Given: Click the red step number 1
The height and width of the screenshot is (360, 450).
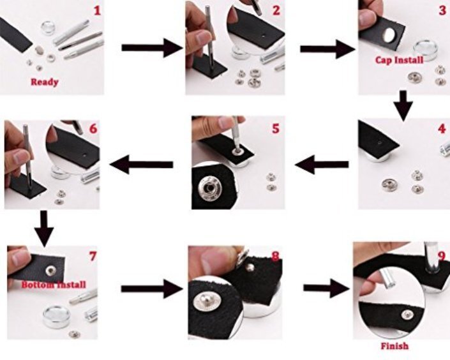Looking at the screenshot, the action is pos(97,11).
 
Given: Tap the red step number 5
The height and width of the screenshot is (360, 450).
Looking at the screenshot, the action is pos(276,128).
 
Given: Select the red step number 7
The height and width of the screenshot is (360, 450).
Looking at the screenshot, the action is pos(93,256).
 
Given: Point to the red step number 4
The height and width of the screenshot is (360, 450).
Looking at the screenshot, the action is pos(442,128).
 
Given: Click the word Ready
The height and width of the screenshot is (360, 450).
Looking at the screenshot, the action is pos(45,82).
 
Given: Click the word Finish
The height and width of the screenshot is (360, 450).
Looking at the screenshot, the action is pos(394,346).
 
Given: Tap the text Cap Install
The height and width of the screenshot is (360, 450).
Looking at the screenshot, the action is pos(399,60).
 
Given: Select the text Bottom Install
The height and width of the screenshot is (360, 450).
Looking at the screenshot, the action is pos(54,285).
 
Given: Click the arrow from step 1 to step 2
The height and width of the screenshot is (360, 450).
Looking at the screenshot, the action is pos(152,48).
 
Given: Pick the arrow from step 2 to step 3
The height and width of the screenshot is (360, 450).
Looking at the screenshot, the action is pos(327,49).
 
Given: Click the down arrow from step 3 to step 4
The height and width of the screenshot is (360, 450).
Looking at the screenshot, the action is pos(403,105).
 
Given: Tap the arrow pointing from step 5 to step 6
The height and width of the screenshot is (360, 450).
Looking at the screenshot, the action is pos(141,165).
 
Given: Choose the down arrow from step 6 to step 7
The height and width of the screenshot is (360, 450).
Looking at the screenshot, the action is pos(44,229).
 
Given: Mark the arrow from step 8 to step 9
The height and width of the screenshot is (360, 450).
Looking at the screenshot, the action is pos(327,288).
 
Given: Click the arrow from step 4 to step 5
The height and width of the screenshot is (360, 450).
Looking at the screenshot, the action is pos(322,165).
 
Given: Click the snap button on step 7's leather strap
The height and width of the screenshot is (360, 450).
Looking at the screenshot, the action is pos(51,270).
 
